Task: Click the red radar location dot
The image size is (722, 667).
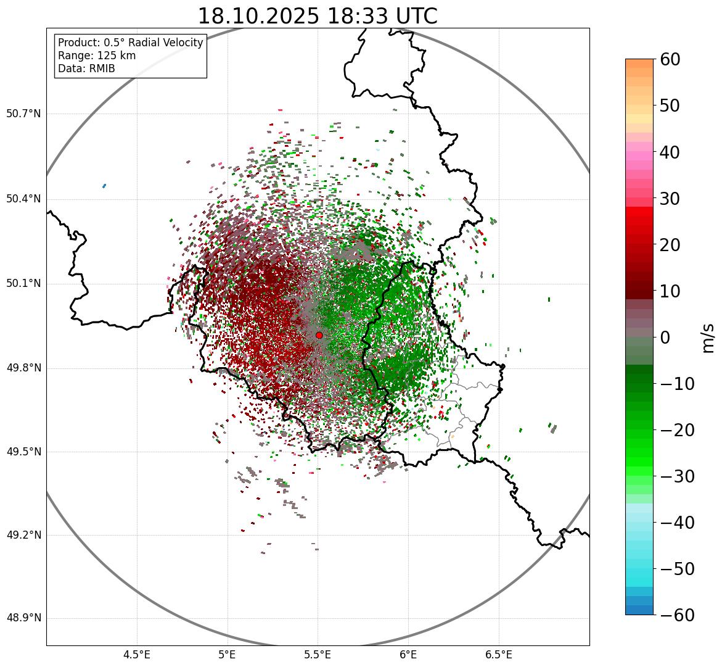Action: click(319, 335)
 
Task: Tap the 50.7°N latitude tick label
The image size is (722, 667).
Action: click(23, 114)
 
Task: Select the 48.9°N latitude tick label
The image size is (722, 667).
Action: click(23, 618)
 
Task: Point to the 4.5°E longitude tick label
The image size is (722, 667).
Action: click(137, 655)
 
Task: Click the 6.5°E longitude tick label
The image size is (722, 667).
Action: click(498, 655)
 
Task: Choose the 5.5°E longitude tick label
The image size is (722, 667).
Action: click(318, 655)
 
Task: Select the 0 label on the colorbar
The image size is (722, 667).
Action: click(665, 338)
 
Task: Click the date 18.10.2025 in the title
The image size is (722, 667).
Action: click(258, 16)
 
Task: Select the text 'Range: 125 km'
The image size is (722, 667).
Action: click(97, 56)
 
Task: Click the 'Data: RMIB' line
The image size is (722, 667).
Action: click(86, 68)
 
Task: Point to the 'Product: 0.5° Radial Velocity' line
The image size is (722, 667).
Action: click(130, 43)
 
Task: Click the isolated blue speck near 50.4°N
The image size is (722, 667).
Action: click(104, 186)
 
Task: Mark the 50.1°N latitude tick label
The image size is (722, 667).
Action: click(23, 284)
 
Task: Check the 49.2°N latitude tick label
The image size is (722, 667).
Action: click(23, 535)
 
